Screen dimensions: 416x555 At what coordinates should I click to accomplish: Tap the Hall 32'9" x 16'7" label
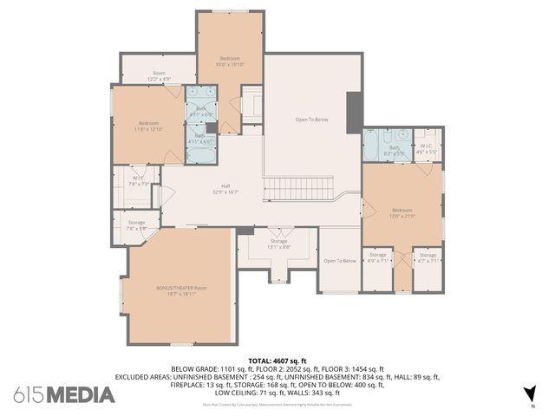pyautogui.click(x=225, y=189)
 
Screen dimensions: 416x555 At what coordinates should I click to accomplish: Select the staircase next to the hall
pyautogui.click(x=298, y=189)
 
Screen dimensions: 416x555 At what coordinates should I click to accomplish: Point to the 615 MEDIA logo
pyautogui.click(x=64, y=394)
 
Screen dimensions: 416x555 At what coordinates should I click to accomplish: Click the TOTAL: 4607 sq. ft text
pyautogui.click(x=277, y=360)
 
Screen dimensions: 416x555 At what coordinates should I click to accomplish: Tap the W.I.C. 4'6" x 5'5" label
pyautogui.click(x=425, y=150)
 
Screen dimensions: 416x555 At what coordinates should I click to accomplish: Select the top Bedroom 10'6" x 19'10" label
pyautogui.click(x=230, y=61)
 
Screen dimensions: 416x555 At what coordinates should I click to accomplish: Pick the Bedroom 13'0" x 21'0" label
pyautogui.click(x=402, y=212)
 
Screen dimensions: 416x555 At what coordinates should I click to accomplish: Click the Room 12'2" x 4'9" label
pyautogui.click(x=159, y=75)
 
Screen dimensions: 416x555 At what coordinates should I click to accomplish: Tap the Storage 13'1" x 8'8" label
pyautogui.click(x=278, y=244)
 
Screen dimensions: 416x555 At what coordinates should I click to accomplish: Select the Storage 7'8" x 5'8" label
pyautogui.click(x=136, y=225)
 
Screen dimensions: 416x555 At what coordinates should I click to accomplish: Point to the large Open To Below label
pyautogui.click(x=312, y=120)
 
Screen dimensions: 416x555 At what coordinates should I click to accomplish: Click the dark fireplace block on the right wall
pyautogui.click(x=354, y=113)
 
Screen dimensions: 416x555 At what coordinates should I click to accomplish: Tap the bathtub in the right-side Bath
pyautogui.click(x=370, y=146)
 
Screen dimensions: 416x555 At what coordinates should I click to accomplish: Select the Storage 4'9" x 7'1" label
pyautogui.click(x=376, y=257)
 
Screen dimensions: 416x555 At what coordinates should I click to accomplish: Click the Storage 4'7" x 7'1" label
pyautogui.click(x=428, y=257)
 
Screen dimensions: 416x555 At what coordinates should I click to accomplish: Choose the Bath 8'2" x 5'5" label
pyautogui.click(x=395, y=150)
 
